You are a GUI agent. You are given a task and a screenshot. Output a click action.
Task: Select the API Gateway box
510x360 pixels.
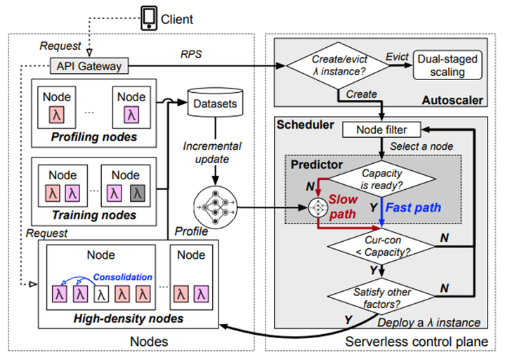89,67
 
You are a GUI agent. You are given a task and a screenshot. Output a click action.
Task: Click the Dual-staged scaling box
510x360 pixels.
448,65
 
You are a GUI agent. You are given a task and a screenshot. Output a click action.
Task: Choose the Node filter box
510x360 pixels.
381,129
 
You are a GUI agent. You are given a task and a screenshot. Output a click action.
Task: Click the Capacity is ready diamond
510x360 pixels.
381,181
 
